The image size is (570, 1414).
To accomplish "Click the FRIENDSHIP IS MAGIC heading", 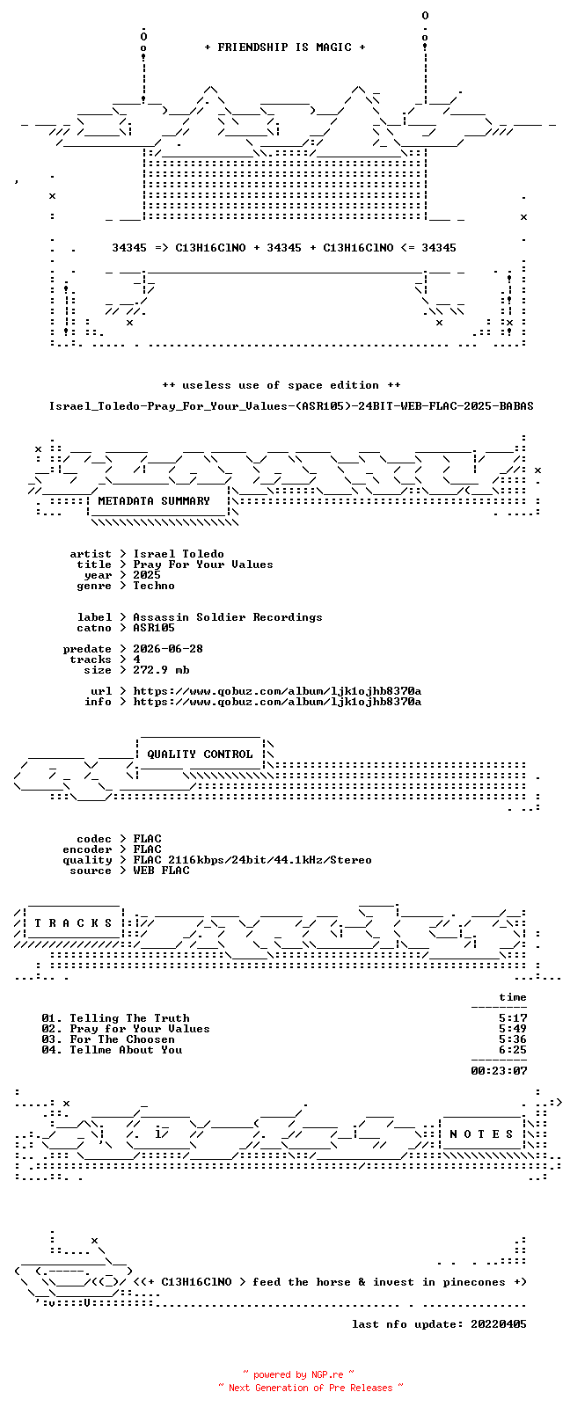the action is point(285,47).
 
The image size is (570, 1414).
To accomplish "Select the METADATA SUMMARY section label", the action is point(154,501).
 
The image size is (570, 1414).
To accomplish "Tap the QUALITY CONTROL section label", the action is point(200,754).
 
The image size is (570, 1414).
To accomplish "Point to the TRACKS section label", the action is point(73,923).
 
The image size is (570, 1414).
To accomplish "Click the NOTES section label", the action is point(483,1134).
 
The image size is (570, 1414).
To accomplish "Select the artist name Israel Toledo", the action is point(179,554).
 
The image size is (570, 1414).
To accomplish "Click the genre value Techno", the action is point(154,586).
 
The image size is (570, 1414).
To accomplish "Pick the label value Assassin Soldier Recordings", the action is point(228,617).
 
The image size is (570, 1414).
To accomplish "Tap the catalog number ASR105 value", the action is point(154,628).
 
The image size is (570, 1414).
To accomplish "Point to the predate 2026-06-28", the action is point(168,649).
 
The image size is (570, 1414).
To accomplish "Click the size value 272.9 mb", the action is point(161,670).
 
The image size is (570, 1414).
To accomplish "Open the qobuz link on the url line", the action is point(277,691).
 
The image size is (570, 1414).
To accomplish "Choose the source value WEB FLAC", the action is point(161,871).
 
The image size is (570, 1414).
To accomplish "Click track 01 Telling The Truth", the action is point(115,1018).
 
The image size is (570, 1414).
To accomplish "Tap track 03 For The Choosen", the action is point(108,1039).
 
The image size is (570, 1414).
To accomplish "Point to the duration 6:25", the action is point(513,1050).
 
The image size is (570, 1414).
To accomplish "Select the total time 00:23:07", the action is point(499,1070).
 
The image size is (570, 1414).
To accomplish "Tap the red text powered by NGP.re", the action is point(298,1374).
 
